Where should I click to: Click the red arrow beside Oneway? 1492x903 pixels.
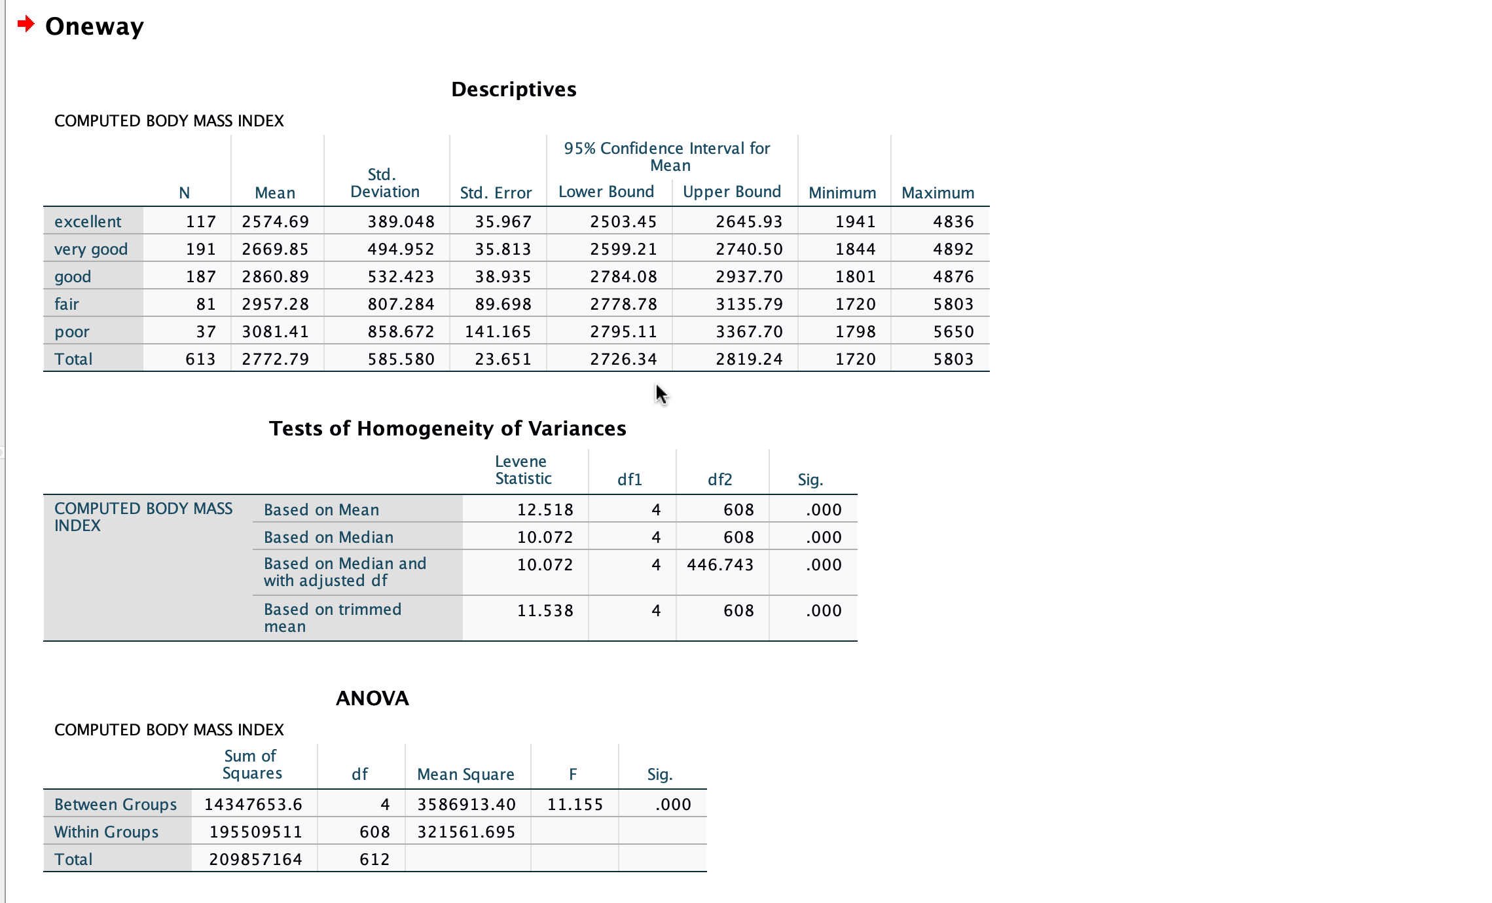pos(26,24)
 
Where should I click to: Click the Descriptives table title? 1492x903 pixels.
pos(513,89)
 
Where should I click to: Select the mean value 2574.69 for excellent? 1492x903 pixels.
pos(275,221)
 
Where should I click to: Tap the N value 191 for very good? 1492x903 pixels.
pos(200,249)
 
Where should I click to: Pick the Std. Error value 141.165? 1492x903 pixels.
pos(498,331)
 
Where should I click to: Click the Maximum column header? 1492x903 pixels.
pos(937,193)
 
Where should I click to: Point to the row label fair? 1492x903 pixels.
pos(67,304)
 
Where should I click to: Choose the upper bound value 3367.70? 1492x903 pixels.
pos(749,331)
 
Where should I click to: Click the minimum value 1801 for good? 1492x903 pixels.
pos(855,276)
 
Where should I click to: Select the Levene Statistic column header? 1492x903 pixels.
pos(522,470)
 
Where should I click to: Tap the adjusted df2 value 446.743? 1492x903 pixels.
pos(720,564)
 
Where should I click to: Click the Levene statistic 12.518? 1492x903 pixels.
pos(545,509)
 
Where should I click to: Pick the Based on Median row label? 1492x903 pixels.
pos(329,537)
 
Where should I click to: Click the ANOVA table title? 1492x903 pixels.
pos(372,698)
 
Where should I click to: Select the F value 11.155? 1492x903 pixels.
pos(575,804)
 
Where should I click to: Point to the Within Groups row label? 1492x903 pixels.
pos(106,832)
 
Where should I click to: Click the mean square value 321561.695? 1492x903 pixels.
pos(466,832)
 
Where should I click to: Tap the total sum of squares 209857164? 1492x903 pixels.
pos(255,859)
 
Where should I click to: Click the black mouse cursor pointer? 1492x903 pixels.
pos(661,394)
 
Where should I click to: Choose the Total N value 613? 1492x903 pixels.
pos(200,359)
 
